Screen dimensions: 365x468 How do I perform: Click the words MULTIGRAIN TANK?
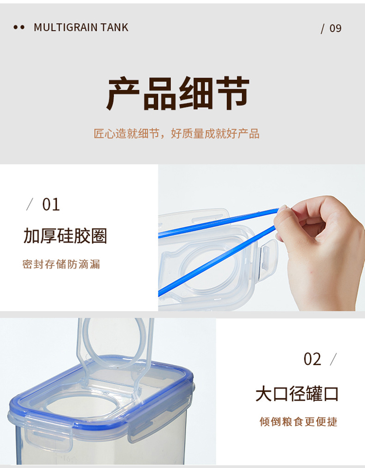(81, 27)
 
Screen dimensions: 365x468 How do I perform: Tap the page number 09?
(335, 28)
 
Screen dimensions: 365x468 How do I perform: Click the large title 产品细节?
(178, 93)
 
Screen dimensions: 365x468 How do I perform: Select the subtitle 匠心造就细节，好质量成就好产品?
(176, 133)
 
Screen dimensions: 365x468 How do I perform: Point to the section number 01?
(51, 205)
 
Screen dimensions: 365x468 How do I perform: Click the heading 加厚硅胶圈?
(65, 236)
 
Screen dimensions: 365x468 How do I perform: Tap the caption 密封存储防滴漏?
(61, 264)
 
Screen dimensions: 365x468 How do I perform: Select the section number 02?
(312, 359)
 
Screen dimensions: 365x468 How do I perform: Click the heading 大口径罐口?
(297, 394)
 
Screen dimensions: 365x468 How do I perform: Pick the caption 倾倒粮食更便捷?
(298, 422)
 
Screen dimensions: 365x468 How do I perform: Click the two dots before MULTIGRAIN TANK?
(19, 27)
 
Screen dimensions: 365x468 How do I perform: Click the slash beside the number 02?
(333, 359)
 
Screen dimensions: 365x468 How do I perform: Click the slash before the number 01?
(30, 204)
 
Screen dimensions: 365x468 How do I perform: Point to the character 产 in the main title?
(123, 93)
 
